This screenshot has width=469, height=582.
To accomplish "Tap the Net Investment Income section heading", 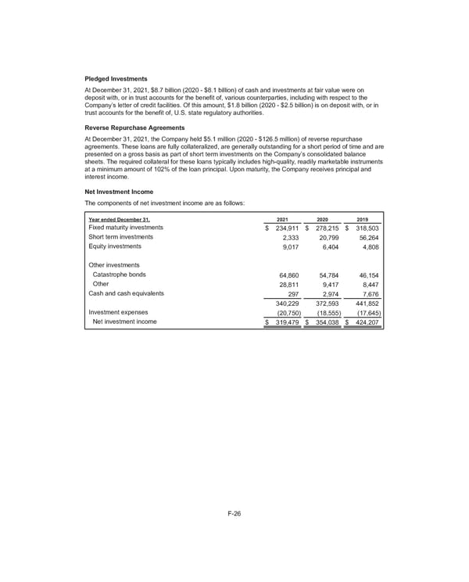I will pyautogui.click(x=118, y=192).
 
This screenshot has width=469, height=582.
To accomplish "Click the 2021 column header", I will pyautogui.click(x=284, y=220).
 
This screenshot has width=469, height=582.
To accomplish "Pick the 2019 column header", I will pyautogui.click(x=361, y=220).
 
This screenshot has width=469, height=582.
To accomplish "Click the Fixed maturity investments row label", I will pyautogui.click(x=127, y=228).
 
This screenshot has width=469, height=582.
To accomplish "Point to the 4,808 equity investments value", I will pyautogui.click(x=368, y=247).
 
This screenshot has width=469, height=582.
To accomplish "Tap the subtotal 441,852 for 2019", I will pyautogui.click(x=364, y=304).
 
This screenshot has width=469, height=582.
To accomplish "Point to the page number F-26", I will pyautogui.click(x=234, y=513).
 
